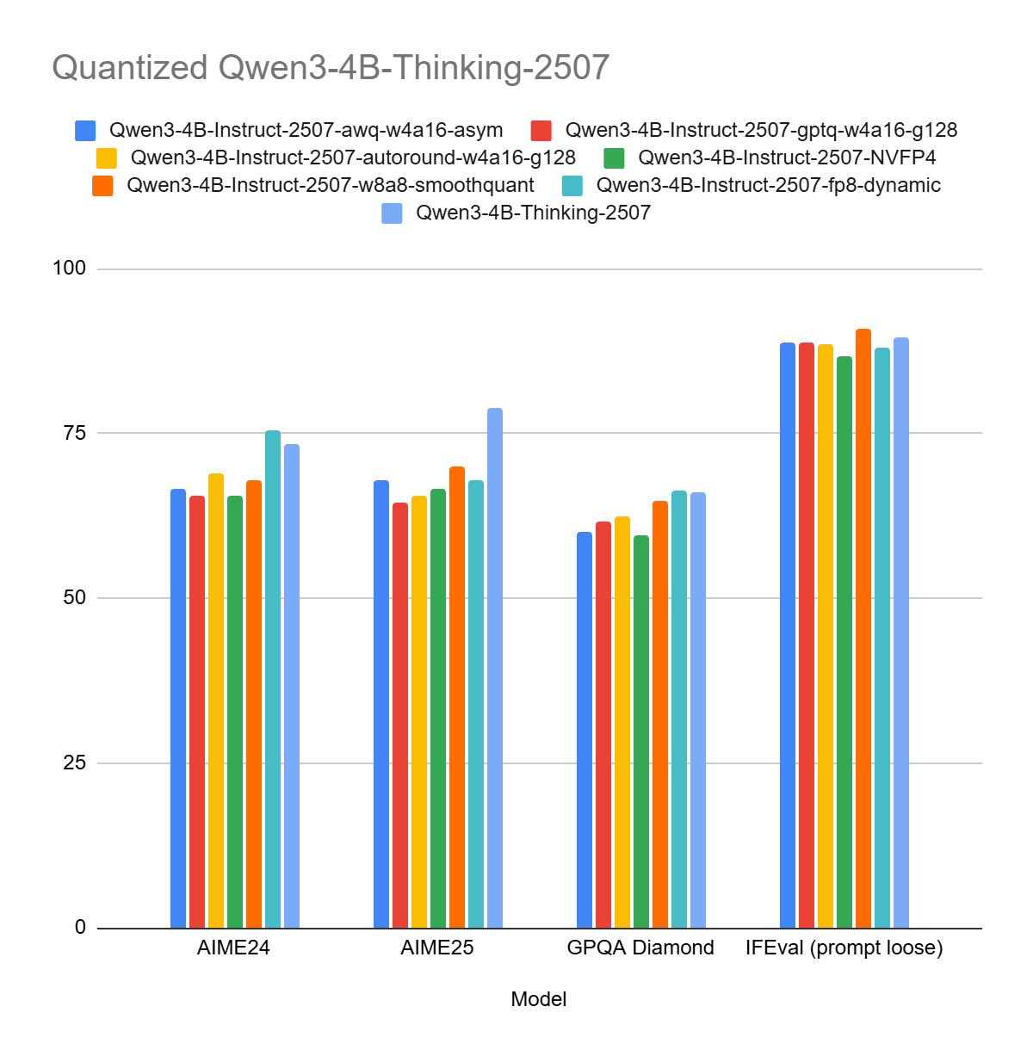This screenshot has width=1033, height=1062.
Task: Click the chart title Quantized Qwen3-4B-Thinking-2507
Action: click(331, 67)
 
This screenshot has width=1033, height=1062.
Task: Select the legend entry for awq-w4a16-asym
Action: click(306, 130)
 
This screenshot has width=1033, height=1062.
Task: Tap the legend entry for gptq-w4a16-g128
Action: click(761, 130)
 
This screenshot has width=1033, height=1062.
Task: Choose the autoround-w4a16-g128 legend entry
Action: click(353, 157)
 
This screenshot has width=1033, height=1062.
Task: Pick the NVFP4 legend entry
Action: click(787, 157)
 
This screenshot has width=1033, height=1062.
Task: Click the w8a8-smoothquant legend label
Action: click(331, 185)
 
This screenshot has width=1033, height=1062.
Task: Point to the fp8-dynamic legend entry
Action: click(768, 185)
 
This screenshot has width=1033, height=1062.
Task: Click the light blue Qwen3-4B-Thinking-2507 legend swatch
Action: click(392, 213)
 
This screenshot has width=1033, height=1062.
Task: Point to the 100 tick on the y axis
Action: click(69, 268)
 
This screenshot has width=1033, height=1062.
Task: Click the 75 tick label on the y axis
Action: click(74, 432)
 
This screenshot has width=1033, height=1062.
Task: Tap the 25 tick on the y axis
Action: click(74, 763)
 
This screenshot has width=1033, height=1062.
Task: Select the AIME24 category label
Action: click(233, 948)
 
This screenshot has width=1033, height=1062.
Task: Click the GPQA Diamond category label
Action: click(640, 948)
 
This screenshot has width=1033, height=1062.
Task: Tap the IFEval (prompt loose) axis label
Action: click(844, 948)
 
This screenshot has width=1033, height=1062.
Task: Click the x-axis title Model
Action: click(539, 999)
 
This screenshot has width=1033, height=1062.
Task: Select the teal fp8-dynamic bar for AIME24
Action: click(273, 680)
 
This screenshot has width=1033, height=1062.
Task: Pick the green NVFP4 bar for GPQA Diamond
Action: click(641, 732)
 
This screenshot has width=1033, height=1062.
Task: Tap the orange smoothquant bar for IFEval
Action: click(863, 629)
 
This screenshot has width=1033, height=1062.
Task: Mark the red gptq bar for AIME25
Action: click(400, 715)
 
